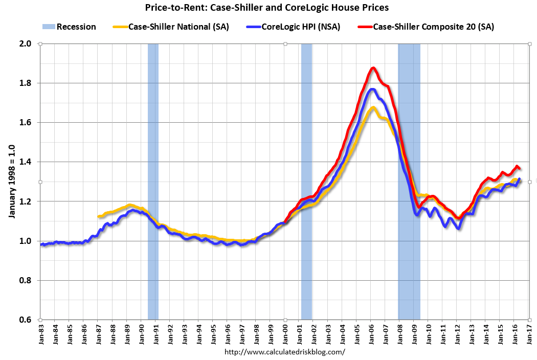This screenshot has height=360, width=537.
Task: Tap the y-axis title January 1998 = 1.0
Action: tap(11, 182)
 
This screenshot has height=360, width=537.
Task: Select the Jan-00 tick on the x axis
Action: tap(285, 335)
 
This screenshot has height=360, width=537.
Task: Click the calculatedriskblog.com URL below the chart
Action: tap(285, 352)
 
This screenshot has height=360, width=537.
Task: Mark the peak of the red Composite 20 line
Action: tap(373, 68)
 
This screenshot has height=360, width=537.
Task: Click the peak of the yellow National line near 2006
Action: tap(373, 107)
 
